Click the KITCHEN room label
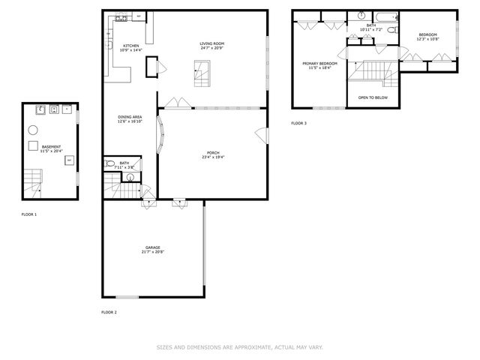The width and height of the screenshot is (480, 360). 130,46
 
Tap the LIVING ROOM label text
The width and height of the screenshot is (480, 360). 212,43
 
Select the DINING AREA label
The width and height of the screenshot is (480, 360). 130,116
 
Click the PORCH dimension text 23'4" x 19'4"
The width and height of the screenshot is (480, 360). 213,157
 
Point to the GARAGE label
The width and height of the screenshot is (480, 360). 152,247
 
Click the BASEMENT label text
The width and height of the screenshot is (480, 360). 52,147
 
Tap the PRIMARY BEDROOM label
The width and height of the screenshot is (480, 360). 319,64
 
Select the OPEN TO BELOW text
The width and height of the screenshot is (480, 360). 372,97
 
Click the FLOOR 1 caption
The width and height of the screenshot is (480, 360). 29,214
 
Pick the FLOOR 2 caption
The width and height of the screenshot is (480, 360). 109,312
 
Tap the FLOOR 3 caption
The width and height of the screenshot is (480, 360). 299,123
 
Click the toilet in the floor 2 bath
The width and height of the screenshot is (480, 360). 110,163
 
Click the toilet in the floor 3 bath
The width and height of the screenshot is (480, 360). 361,15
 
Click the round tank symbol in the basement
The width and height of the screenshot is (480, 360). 34,129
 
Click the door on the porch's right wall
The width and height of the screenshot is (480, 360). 262,134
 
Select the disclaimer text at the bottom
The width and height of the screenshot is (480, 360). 240,347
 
